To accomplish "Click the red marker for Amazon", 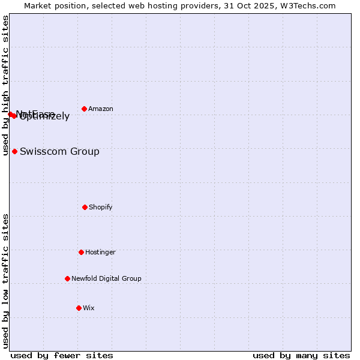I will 85,109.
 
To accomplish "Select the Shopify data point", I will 85,207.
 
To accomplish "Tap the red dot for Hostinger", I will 81,252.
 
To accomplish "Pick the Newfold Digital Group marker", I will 67,278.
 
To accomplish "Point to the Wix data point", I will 79,308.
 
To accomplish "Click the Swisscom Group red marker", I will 14,151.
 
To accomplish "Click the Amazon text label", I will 101,109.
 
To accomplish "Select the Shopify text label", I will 101,208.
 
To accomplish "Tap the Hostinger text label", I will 100,253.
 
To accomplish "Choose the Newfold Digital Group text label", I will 106,279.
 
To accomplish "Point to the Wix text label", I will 89,308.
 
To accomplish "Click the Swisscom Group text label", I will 59,152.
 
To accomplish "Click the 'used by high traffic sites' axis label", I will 5,85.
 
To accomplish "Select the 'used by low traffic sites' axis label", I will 5,280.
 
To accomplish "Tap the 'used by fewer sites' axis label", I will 62,356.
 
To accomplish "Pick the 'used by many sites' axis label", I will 301,356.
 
